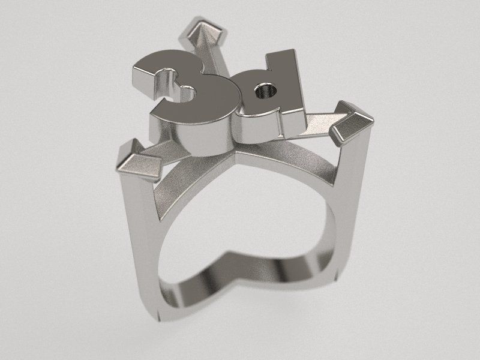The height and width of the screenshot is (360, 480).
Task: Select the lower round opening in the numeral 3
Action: coord(188,92)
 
